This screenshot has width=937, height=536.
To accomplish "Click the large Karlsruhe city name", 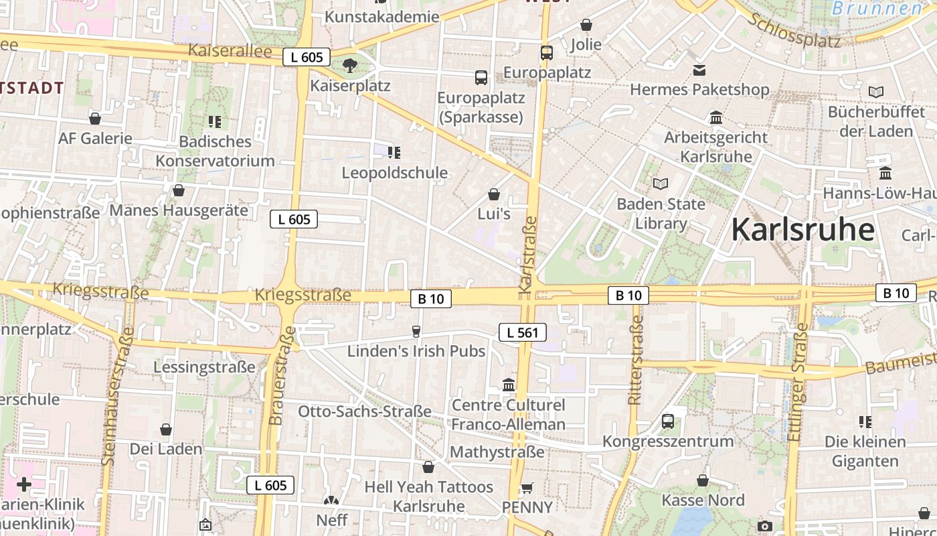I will coord(802,230).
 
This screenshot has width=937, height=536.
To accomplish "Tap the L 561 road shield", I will coord(523,332).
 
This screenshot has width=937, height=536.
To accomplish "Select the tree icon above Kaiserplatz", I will coord(349,65).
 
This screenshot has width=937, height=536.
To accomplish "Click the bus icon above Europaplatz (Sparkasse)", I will coord(481,77).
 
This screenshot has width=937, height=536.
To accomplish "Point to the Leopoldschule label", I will coord(394,173).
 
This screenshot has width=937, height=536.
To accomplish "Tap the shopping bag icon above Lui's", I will coord(494,194).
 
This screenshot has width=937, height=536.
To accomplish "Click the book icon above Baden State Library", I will coord(661,184).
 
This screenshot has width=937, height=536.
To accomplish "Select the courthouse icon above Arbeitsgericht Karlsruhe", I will coord(716,117).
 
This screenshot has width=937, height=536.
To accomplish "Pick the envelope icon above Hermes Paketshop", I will coord(699,70).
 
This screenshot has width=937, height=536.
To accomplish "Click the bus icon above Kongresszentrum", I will coord(668,421).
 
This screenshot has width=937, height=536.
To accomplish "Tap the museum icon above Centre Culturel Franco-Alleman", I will coord(509,385).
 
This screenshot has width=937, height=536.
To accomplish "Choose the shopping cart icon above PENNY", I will coord(527,488).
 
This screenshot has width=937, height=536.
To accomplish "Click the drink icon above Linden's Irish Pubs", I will coord(416,331).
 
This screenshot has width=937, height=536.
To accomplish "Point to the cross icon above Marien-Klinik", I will coord(24,484).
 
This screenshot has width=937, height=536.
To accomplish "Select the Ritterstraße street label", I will coord(635,360).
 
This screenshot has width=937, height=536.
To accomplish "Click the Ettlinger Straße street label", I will coord(796,382).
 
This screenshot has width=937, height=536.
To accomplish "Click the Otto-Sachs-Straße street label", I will coord(365,411).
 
